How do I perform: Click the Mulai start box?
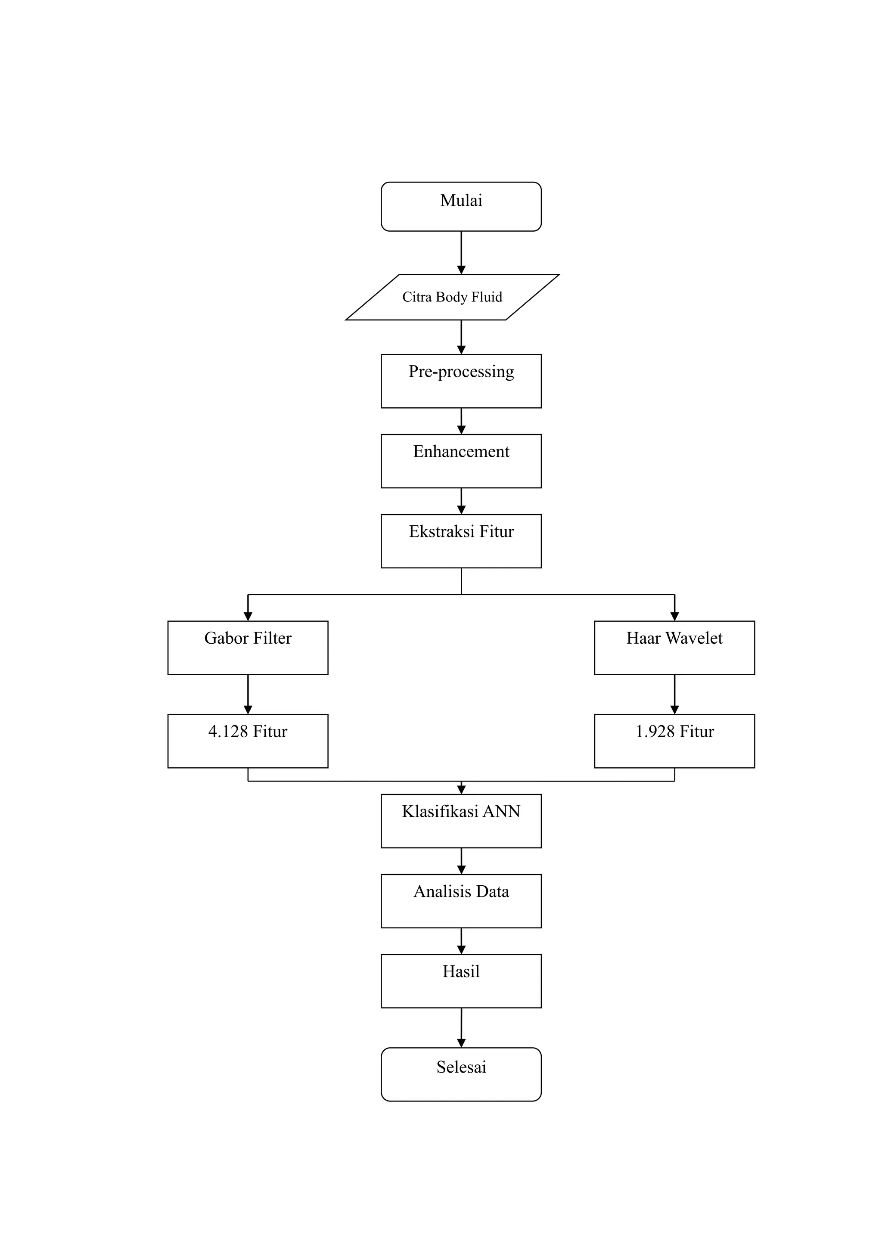point(461,206)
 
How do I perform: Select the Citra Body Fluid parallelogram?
point(452,297)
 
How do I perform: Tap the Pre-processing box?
point(461,381)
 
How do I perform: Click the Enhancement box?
point(461,461)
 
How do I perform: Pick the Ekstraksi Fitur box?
point(461,540)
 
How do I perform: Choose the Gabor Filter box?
point(248,647)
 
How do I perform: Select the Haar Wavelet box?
point(674,647)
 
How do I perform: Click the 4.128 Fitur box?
point(248,741)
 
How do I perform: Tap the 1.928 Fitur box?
point(674,741)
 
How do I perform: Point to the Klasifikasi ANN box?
point(461,821)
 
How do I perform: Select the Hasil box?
point(461,981)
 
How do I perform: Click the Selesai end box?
point(461,1074)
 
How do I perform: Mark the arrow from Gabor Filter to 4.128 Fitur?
point(248,694)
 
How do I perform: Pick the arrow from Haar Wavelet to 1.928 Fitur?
point(674,694)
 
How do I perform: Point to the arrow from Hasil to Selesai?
point(461,1027)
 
